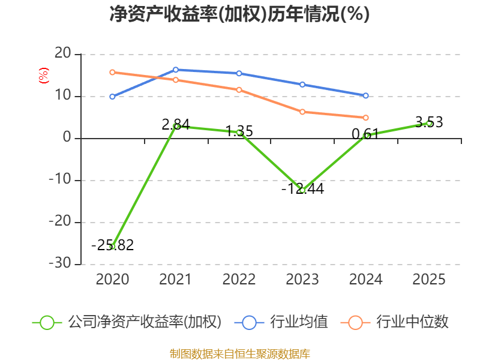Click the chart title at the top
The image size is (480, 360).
point(239,14)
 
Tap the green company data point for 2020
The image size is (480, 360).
point(112,247)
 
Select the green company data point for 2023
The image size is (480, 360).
point(302,190)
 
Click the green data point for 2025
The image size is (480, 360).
point(429,123)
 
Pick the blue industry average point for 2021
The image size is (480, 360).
point(176,70)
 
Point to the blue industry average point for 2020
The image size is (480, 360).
point(112,97)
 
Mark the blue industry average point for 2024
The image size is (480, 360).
point(366,95)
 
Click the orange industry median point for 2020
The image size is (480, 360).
point(112,72)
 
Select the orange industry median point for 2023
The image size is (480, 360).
point(302,112)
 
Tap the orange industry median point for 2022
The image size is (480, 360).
point(239,90)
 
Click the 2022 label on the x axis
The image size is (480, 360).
point(239,280)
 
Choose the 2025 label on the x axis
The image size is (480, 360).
point(429,280)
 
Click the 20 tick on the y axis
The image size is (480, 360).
point(62,54)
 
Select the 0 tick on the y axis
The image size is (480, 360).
point(67,138)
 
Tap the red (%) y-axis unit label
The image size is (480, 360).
point(43,76)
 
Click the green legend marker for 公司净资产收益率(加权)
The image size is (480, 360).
point(47,322)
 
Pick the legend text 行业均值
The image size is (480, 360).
point(299,322)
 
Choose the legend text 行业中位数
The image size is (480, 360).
point(412,322)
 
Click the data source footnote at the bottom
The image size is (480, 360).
point(239,354)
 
